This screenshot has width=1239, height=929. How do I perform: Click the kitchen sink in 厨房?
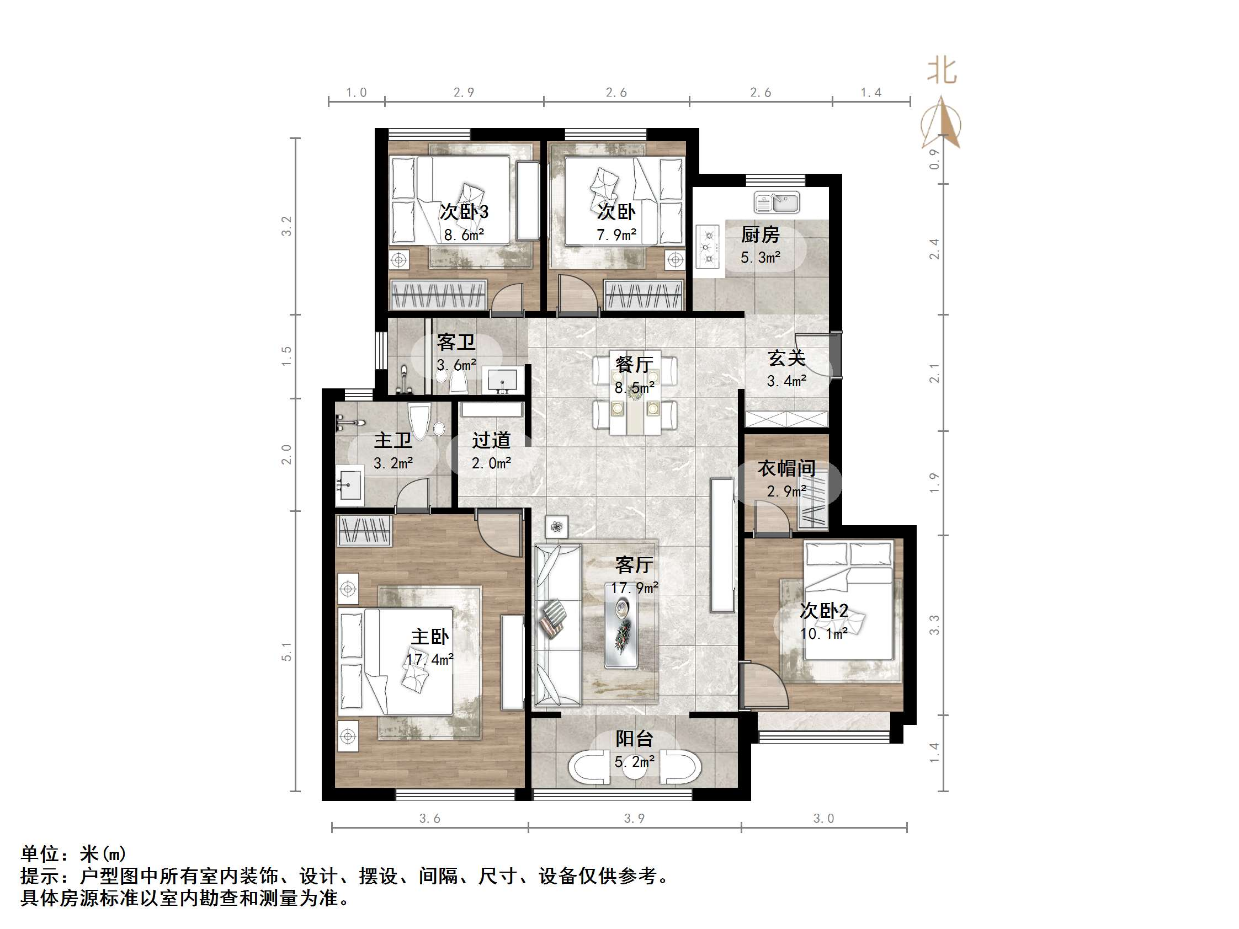point(777,202)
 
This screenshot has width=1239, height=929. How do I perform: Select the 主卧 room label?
point(429,637)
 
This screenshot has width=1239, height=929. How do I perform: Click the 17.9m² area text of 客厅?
point(634,588)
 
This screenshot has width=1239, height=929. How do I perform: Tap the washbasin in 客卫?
point(502,380)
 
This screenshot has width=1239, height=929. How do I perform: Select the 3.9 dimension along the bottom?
point(634,818)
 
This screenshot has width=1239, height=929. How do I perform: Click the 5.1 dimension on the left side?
point(287,652)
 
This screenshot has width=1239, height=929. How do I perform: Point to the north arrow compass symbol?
point(942,124)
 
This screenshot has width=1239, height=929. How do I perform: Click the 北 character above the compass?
point(942,72)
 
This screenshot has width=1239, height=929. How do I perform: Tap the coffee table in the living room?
point(621,630)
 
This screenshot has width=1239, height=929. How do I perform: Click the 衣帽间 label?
point(786,468)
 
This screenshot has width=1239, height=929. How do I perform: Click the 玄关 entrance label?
point(786,358)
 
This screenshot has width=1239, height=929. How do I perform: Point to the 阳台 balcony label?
point(634,739)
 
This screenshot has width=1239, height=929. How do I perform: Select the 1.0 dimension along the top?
point(356,92)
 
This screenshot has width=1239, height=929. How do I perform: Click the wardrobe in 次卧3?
point(438,295)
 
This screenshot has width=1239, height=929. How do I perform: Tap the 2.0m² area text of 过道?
point(491,463)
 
